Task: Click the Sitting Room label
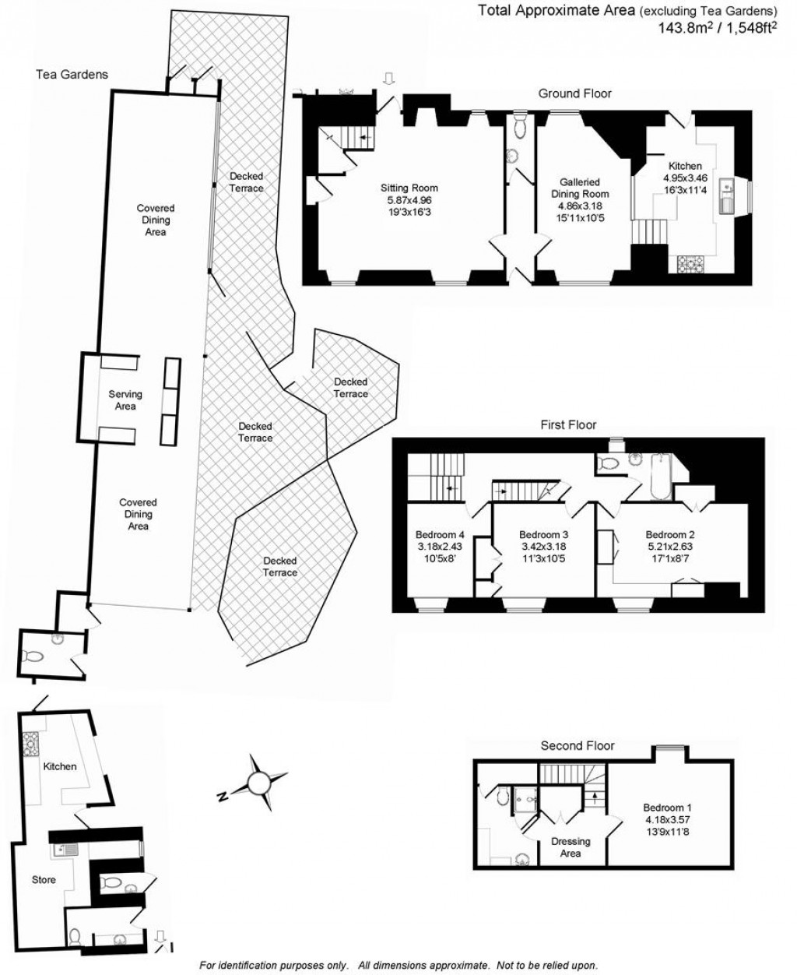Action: click(409, 188)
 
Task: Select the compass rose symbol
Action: click(259, 781)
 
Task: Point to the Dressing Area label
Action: click(571, 847)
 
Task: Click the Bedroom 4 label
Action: click(440, 535)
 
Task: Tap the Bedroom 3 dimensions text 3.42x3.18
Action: click(544, 547)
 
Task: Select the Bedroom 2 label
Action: click(670, 535)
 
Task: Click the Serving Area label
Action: click(125, 400)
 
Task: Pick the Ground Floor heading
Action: click(575, 93)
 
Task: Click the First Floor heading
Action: click(568, 425)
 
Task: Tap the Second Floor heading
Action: click(578, 745)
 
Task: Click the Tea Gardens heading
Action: click(72, 75)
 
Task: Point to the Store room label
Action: click(44, 880)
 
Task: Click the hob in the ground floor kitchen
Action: click(690, 264)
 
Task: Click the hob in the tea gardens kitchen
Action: click(31, 745)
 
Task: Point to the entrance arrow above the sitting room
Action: click(390, 77)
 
